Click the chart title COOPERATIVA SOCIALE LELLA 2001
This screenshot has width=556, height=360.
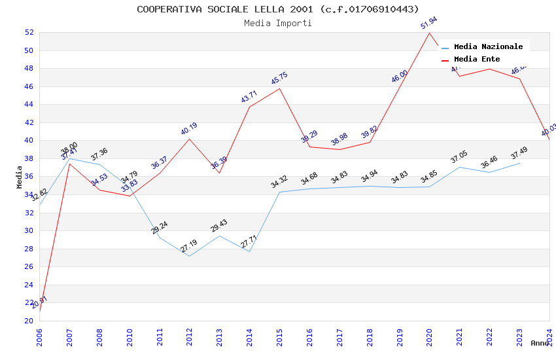(x=278, y=9)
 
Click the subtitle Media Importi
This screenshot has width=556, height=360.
(x=278, y=23)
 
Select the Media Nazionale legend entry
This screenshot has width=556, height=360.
(x=488, y=46)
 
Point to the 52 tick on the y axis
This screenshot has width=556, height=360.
(x=29, y=32)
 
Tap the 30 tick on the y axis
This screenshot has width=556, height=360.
(x=29, y=230)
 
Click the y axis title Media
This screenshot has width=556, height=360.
(x=20, y=177)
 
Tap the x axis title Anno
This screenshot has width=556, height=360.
(x=540, y=343)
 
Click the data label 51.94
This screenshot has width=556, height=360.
(x=429, y=24)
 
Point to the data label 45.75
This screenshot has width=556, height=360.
(x=279, y=79)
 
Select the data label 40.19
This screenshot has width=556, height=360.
(x=189, y=129)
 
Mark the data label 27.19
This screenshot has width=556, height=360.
(x=189, y=247)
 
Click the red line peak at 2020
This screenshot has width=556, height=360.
(x=430, y=33)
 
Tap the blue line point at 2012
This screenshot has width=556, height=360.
(x=190, y=256)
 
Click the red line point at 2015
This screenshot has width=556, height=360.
(x=280, y=88)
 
